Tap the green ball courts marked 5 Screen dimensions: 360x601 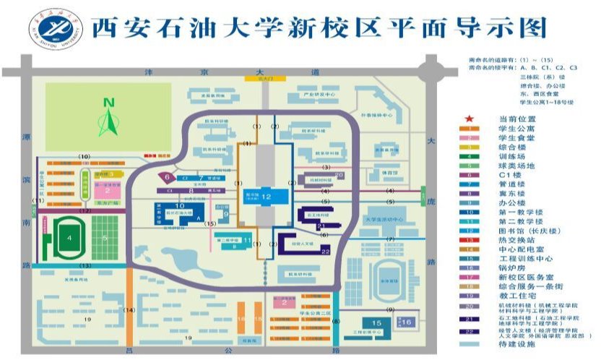105,236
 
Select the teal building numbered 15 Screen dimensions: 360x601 376,323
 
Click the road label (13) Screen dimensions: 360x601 85,267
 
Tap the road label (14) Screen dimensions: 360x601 129,310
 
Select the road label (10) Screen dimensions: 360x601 84,157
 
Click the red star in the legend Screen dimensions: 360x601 470,118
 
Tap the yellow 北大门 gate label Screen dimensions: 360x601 253,80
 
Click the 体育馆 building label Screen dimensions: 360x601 390,173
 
